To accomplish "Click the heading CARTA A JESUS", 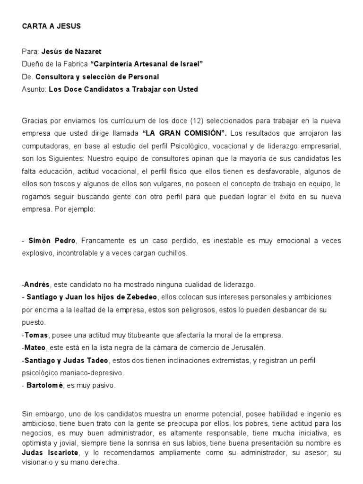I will (52, 26).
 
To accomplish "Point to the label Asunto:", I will (34, 89).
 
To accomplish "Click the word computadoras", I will (45, 146).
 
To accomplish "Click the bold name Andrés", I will (37, 285).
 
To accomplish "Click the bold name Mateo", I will (37, 347).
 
